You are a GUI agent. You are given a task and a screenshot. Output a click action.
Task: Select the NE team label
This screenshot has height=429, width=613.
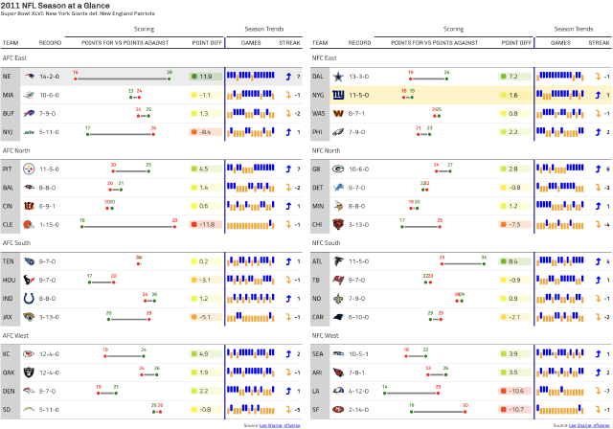click(8, 76)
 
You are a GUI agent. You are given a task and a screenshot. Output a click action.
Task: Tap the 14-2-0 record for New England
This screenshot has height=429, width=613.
click(50, 76)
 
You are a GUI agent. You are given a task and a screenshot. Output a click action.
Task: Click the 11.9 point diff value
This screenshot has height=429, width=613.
click(206, 76)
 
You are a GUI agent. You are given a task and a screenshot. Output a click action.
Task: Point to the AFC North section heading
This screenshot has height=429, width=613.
click(16, 150)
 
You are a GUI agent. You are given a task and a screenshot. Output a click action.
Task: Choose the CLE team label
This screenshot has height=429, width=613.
click(8, 224)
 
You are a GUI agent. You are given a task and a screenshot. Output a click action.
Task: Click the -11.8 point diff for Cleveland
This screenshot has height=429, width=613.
click(206, 224)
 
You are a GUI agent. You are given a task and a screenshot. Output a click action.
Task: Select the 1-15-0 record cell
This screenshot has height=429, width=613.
click(50, 224)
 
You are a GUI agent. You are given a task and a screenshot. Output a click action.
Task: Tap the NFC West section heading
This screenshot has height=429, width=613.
click(327, 336)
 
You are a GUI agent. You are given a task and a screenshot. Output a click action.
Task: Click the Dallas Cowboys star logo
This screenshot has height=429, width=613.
click(337, 76)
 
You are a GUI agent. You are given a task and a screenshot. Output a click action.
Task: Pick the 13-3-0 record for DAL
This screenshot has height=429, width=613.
click(358, 76)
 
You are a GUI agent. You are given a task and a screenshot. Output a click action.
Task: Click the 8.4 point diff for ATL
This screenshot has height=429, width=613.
click(513, 261)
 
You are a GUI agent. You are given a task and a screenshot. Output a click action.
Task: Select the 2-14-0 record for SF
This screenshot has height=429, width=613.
click(358, 410)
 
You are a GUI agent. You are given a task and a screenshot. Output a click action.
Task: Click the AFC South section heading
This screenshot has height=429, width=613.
click(17, 243)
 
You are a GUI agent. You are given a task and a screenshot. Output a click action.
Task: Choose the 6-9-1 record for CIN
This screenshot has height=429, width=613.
click(50, 206)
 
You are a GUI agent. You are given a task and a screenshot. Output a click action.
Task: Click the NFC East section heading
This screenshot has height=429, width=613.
click(326, 57)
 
